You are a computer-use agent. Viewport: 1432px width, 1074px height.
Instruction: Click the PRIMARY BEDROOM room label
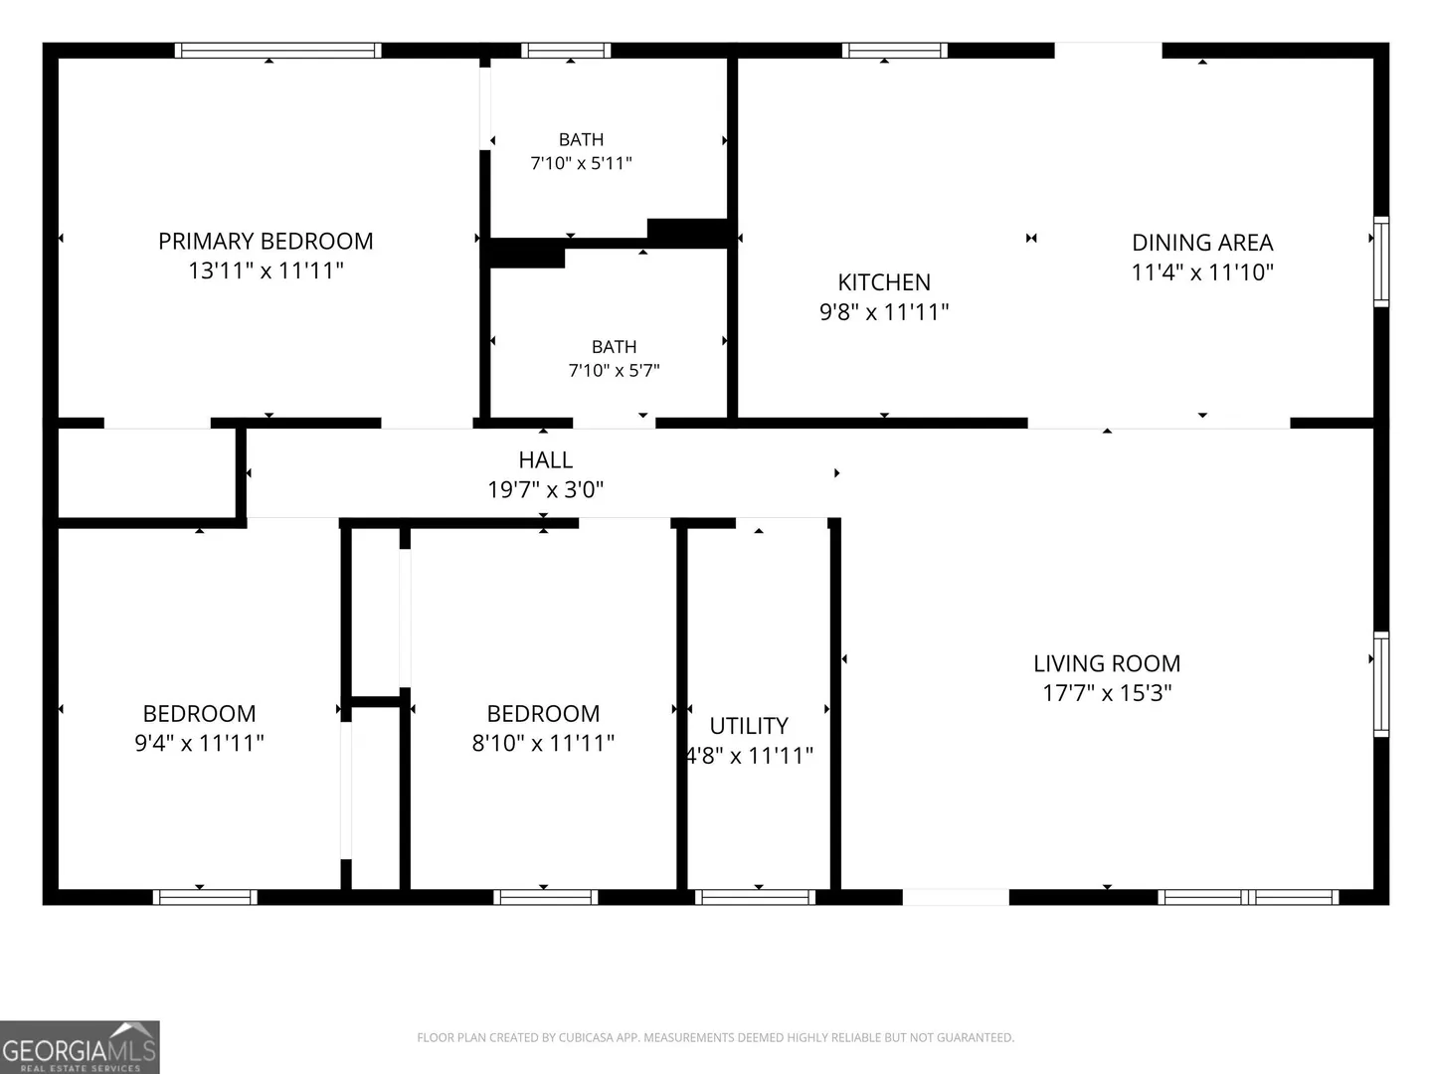point(266,242)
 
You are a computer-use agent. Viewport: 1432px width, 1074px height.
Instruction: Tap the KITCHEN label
point(884,282)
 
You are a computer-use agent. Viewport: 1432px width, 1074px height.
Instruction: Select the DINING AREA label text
point(1202,243)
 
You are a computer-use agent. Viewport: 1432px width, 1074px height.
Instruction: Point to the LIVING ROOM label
point(1107,664)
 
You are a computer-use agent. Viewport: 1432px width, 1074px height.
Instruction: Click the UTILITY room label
point(749,726)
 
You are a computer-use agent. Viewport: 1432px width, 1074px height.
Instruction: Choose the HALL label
point(545,460)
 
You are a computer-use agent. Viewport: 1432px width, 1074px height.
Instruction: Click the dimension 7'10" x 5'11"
point(582,163)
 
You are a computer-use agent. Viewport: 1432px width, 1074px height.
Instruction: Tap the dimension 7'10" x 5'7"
point(614,370)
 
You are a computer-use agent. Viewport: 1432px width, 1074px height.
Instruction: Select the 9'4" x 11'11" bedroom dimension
point(199,743)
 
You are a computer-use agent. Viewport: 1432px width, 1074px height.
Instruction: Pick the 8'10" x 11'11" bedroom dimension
point(543,743)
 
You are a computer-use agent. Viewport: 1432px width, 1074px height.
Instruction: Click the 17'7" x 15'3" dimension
point(1107,692)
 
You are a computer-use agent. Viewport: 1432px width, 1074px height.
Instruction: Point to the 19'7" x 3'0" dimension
point(545,489)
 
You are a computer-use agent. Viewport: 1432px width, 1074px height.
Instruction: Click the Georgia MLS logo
point(80,1047)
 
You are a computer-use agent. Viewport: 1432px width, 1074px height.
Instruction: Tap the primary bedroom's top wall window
point(277,50)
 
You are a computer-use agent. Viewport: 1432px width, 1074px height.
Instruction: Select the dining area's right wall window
point(1381,262)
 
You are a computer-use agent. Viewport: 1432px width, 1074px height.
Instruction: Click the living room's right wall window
point(1381,684)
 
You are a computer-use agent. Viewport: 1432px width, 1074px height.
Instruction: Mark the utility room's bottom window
point(755,897)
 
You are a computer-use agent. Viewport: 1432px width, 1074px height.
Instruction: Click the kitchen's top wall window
point(894,50)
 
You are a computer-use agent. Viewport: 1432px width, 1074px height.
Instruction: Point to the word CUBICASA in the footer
point(586,1037)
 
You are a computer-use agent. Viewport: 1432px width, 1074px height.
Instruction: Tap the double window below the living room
point(1248,897)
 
